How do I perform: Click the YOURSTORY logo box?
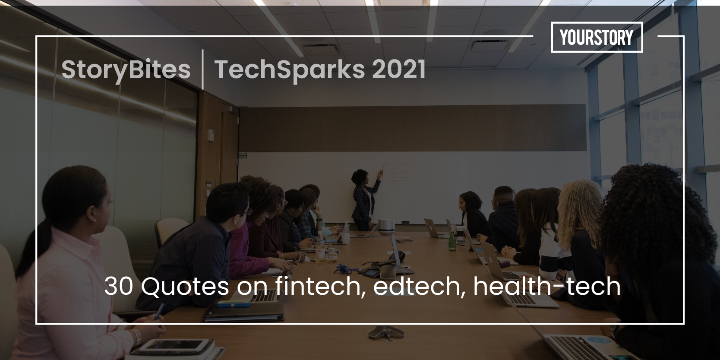coord(597,38)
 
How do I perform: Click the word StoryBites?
coord(126,70)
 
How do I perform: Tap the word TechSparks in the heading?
coord(290,70)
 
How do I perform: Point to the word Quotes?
coord(185,287)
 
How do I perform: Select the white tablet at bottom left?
coord(175,344)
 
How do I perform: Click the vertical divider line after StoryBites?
coord(202,69)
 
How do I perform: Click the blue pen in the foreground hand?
coord(159,311)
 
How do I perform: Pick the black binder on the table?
coord(244,313)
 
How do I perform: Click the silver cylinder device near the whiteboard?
coord(386,226)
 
